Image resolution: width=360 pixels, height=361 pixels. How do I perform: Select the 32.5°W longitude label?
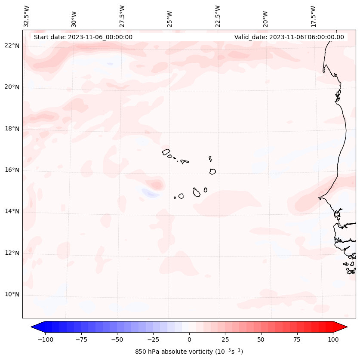tap(27, 16)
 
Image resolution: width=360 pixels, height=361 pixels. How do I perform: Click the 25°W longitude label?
tap(170, 16)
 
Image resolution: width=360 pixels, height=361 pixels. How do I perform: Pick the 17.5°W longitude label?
tap(313, 16)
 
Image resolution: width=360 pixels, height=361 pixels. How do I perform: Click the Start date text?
tap(83, 37)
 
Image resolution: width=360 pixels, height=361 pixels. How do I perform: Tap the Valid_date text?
tap(289, 37)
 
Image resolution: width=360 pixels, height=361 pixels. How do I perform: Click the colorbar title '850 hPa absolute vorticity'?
tap(189, 352)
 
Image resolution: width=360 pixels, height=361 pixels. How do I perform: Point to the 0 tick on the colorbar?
tap(189, 339)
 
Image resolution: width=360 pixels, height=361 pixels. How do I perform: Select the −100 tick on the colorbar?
tap(45, 339)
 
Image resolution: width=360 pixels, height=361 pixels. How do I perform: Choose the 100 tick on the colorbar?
tap(332, 339)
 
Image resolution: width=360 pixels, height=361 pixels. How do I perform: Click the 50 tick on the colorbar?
tap(261, 339)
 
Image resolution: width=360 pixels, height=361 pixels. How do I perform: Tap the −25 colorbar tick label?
tap(153, 339)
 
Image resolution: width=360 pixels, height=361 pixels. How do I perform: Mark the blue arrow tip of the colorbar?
tap(34, 327)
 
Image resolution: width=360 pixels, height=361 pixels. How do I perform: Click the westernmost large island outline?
tap(166, 151)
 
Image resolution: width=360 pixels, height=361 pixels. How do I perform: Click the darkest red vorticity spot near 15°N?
tap(157, 185)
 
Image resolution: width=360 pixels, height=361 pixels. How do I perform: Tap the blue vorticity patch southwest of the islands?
tap(150, 193)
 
